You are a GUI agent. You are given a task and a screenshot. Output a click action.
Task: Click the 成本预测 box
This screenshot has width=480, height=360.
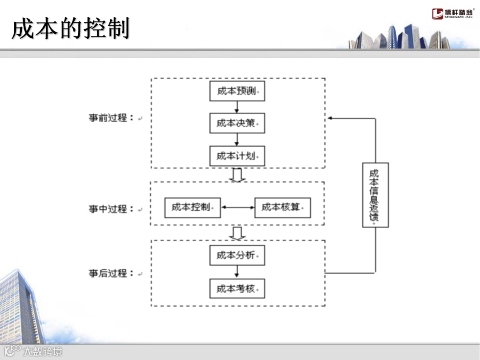tap(237, 91)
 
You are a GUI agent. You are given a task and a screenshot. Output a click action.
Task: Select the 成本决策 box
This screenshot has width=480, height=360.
tap(237, 123)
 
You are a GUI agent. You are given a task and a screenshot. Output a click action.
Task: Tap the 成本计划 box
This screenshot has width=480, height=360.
tap(237, 156)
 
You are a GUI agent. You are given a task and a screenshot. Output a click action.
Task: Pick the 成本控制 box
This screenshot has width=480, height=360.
tap(192, 208)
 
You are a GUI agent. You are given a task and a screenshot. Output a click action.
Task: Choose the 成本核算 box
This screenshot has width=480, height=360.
tap(282, 208)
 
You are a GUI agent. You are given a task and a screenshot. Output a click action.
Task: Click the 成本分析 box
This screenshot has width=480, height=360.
tap(237, 255)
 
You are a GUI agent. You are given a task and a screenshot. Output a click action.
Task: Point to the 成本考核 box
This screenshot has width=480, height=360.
tap(237, 288)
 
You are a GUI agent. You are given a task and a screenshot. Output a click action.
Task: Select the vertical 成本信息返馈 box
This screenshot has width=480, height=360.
tap(375, 195)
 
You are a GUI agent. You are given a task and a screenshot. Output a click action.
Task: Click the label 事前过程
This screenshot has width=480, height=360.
tap(111, 118)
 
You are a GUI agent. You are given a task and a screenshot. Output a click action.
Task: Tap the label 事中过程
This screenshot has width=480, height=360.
tap(111, 209)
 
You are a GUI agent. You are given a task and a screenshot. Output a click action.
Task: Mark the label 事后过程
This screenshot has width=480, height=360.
tap(111, 273)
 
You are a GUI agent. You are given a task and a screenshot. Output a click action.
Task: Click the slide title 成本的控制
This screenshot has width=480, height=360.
tap(70, 29)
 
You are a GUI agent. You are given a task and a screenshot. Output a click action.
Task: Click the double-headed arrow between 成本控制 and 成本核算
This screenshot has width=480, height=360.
tap(237, 208)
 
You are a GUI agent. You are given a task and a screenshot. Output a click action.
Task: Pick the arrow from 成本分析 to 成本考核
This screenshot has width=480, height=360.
tap(237, 272)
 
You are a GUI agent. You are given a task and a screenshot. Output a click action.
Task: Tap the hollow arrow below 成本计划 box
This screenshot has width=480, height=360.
tap(237, 175)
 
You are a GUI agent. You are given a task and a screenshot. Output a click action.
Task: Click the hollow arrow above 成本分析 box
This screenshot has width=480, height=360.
tap(237, 233)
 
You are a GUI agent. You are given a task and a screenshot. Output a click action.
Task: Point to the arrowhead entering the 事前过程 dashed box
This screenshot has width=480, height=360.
tap(331, 118)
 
